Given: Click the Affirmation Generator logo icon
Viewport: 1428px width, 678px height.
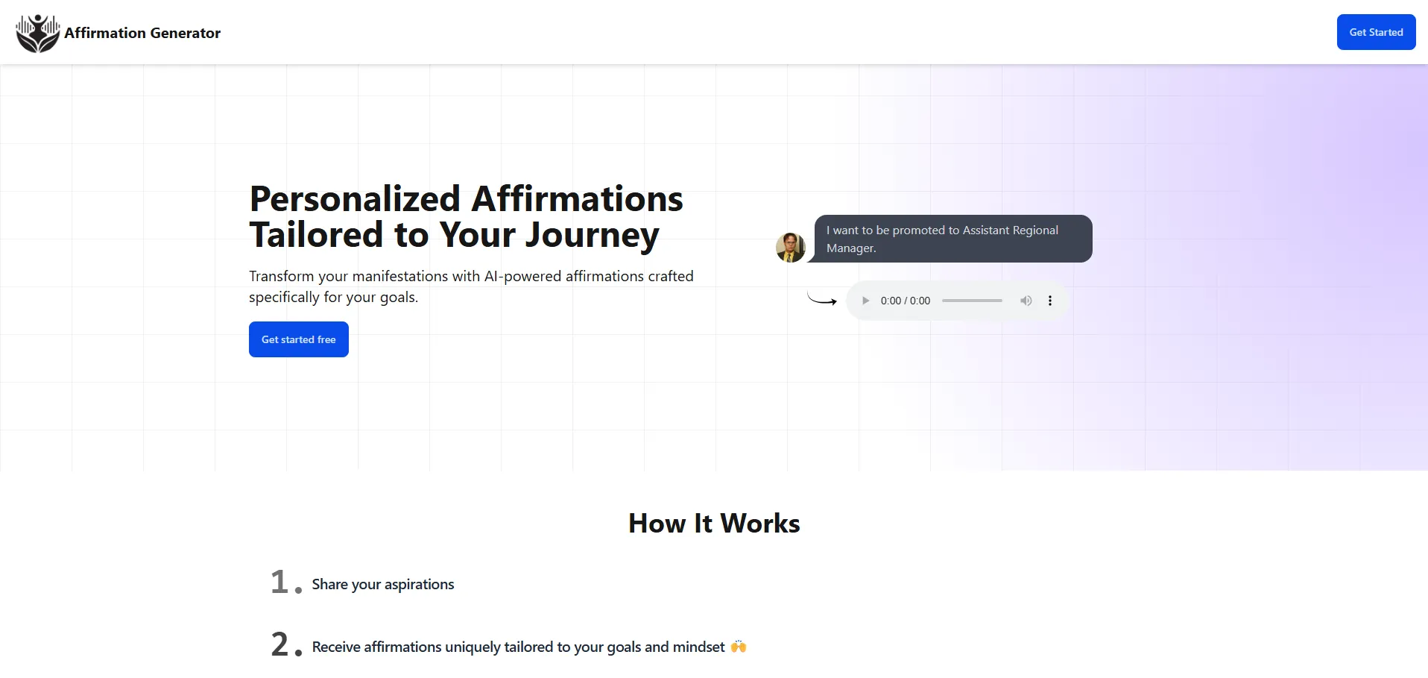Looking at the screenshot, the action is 38,33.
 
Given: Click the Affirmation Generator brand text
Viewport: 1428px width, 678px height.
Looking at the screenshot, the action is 142,33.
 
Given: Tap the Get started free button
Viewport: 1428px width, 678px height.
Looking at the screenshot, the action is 299,339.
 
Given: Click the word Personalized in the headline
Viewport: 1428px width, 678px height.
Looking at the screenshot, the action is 355,199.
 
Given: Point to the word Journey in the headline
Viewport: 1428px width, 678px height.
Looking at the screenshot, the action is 593,236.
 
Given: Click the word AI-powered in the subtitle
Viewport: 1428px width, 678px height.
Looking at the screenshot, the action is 522,276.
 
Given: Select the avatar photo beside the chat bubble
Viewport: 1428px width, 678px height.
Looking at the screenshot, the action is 791,248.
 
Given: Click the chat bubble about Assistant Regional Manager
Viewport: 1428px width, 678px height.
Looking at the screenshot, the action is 953,239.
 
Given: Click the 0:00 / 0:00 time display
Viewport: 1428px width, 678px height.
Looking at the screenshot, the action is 906,301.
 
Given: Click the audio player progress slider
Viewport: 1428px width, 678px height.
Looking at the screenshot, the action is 972,301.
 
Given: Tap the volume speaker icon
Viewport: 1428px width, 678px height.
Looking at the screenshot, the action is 1026,301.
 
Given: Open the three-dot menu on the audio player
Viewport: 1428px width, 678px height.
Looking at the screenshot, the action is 1050,301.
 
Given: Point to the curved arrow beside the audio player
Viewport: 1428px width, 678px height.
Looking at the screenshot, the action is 822,301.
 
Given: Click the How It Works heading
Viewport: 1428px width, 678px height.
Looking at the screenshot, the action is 714,524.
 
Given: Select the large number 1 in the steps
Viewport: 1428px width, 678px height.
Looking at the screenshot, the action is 279,582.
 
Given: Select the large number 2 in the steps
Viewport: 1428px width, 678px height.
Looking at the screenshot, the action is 279,644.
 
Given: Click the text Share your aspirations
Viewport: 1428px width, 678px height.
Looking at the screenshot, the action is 383,584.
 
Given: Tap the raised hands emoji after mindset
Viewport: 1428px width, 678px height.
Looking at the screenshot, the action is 739,646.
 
